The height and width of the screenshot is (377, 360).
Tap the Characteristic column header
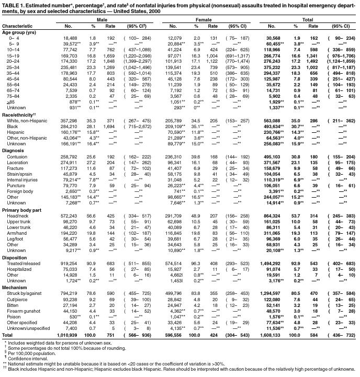coord(17,26)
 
